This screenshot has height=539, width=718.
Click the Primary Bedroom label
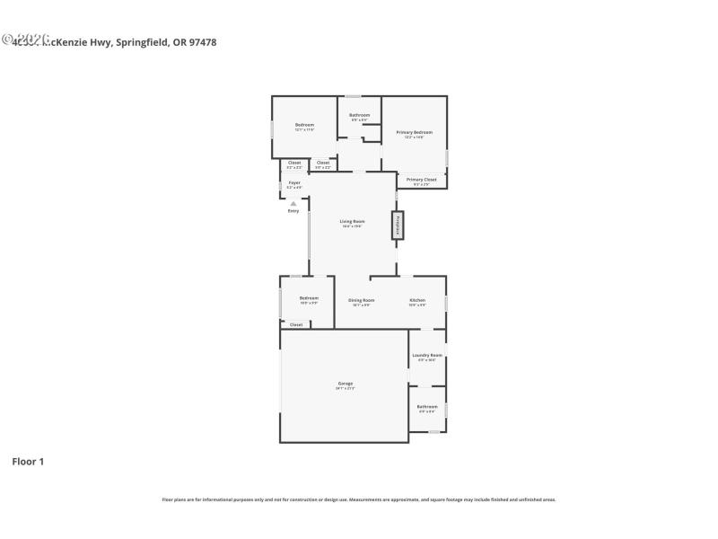coord(415,132)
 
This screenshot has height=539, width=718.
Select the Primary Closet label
coord(421,180)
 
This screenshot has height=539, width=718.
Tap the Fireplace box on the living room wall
coord(396,225)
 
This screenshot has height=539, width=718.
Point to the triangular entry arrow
coord(293,204)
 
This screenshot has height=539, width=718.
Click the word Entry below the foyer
coord(293,211)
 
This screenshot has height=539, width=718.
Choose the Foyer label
coord(294,182)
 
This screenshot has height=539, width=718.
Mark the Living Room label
coord(352,221)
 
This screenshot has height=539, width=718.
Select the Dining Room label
coord(361,300)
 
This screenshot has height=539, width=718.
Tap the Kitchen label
coord(417,300)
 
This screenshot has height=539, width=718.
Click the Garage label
coord(346,384)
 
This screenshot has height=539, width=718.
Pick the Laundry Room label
coord(427,355)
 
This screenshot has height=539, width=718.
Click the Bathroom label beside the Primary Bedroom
coord(360,115)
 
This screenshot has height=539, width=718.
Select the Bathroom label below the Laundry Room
coord(426,406)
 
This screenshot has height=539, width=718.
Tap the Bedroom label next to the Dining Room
coord(309,298)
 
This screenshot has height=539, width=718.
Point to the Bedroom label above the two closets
coord(304,124)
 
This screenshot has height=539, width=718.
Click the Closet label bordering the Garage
coord(296,324)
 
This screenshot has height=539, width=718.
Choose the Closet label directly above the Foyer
coord(294,163)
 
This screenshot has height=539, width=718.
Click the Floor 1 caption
coord(28,462)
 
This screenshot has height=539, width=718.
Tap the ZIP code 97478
coord(203,41)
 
